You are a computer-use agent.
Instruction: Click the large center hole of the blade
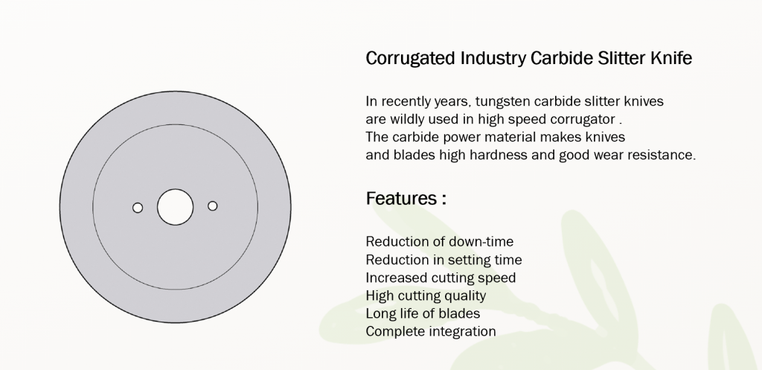pyautogui.click(x=175, y=207)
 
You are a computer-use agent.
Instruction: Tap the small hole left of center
pyautogui.click(x=138, y=208)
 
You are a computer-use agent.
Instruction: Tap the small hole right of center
pyautogui.click(x=212, y=205)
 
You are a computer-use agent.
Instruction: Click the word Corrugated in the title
pyautogui.click(x=409, y=59)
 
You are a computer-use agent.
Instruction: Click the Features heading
pyautogui.click(x=406, y=198)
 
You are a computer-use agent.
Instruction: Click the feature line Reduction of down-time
pyautogui.click(x=439, y=241)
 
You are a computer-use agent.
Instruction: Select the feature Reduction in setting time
pyautogui.click(x=444, y=260)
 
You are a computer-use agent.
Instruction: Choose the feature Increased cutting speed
pyautogui.click(x=441, y=278)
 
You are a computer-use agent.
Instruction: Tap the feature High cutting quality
pyautogui.click(x=426, y=296)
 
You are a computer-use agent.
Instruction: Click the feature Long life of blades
pyautogui.click(x=423, y=313)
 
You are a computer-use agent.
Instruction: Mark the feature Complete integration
pyautogui.click(x=431, y=331)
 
